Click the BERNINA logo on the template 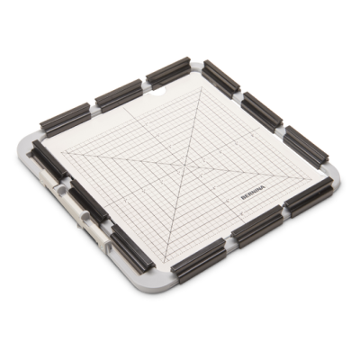click(253, 193)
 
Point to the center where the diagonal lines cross click(184, 164)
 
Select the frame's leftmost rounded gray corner click(26, 144)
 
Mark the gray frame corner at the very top click(195, 66)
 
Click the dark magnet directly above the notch click(168, 72)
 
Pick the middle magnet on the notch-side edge click(119, 95)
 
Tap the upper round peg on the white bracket click(60, 189)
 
